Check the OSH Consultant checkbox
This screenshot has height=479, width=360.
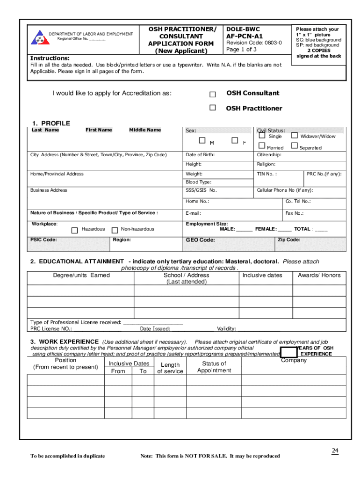click(213, 94)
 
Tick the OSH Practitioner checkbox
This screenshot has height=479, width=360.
click(213, 108)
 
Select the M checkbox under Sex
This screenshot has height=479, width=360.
click(202, 140)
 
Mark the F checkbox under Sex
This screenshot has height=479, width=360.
click(235, 140)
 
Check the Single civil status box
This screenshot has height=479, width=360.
click(262, 136)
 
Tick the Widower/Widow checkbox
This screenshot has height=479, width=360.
click(295, 136)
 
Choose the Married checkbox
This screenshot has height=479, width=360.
click(262, 146)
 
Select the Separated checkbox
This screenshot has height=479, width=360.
click(295, 146)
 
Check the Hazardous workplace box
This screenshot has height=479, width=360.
click(74, 230)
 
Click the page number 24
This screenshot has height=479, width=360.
click(335, 450)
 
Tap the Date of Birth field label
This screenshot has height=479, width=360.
click(200, 155)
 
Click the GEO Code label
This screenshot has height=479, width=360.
click(200, 240)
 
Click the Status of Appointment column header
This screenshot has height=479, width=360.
click(214, 367)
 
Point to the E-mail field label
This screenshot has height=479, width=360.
click(193, 213)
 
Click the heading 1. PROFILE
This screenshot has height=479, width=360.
click(51, 123)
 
